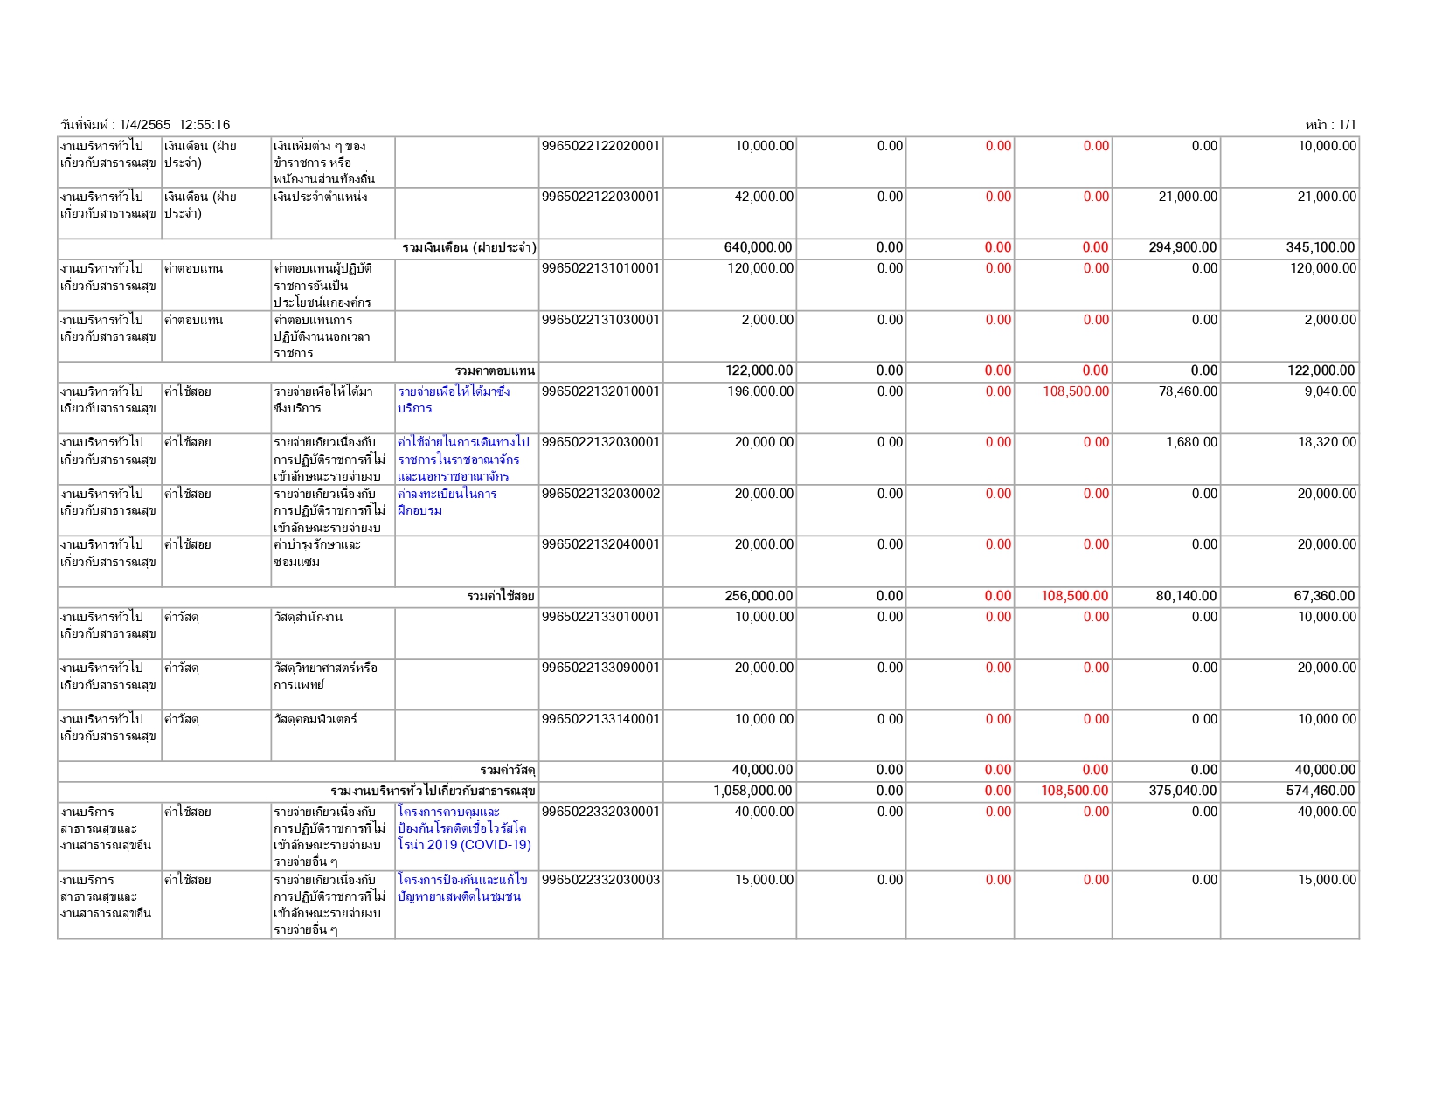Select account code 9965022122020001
[600, 146]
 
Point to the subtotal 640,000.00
[758, 247]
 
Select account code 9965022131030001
[600, 320]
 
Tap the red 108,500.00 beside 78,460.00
[1075, 391]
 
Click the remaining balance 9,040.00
[1330, 391]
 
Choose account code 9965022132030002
[600, 494]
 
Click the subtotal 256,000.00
[759, 596]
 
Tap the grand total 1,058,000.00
[752, 791]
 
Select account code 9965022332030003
[600, 880]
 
